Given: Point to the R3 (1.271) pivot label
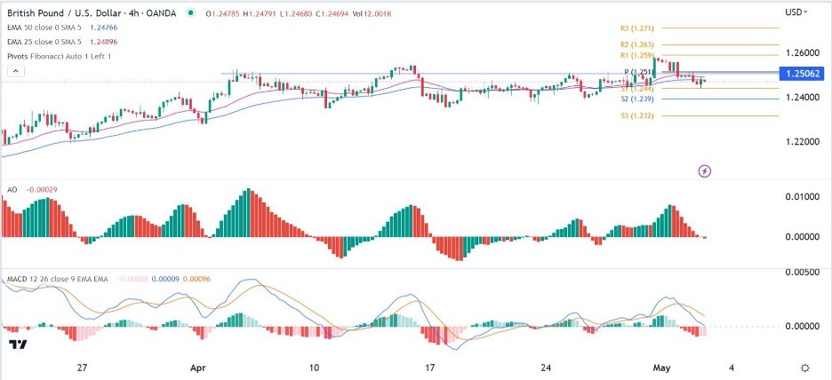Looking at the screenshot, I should coord(635,28).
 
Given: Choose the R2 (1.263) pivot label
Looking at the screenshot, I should coord(635,44).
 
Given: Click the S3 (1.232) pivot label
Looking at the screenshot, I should coord(636,115).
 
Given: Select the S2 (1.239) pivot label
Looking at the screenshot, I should coord(636,99).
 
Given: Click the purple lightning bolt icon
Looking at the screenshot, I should coord(706,170).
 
